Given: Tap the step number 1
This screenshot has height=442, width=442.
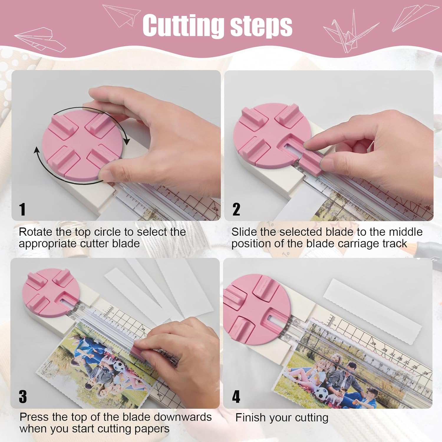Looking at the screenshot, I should pos(22,209).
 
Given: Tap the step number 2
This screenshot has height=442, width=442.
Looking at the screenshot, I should pos(236,209).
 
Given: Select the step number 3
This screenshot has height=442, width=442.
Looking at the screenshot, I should pos(23,397).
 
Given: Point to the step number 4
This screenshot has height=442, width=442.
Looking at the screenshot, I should pos(236,397).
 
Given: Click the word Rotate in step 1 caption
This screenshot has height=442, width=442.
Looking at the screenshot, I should pos(35,232).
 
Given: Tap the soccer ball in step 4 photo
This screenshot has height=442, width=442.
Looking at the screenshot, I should pos(322,394).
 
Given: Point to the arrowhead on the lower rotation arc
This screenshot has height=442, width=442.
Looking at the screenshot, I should pos(37,150).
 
